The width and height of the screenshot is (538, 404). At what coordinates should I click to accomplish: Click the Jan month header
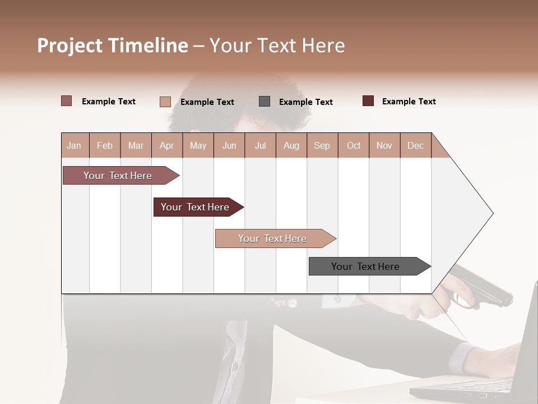click(74, 145)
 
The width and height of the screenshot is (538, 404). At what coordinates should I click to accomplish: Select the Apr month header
click(166, 145)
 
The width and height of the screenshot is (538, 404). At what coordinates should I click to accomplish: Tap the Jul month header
click(260, 145)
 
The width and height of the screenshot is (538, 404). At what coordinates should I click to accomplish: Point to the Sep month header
click(322, 145)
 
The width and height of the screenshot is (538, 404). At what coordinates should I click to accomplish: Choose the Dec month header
click(415, 145)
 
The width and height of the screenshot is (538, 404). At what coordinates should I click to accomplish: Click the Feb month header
click(105, 145)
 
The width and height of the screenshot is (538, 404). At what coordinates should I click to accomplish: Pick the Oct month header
click(354, 145)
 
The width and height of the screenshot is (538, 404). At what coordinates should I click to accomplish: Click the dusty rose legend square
click(66, 101)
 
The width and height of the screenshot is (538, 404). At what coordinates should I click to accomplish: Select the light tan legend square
click(165, 102)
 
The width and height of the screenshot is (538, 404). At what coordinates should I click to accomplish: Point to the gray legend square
click(265, 101)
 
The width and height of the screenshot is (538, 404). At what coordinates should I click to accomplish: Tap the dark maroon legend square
click(368, 101)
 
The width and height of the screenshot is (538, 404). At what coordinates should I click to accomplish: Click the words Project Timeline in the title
click(112, 45)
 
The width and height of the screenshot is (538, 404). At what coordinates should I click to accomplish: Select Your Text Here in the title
click(277, 45)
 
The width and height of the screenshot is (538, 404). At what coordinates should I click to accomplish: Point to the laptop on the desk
click(493, 370)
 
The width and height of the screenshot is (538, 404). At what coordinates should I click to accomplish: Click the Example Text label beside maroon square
click(409, 102)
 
